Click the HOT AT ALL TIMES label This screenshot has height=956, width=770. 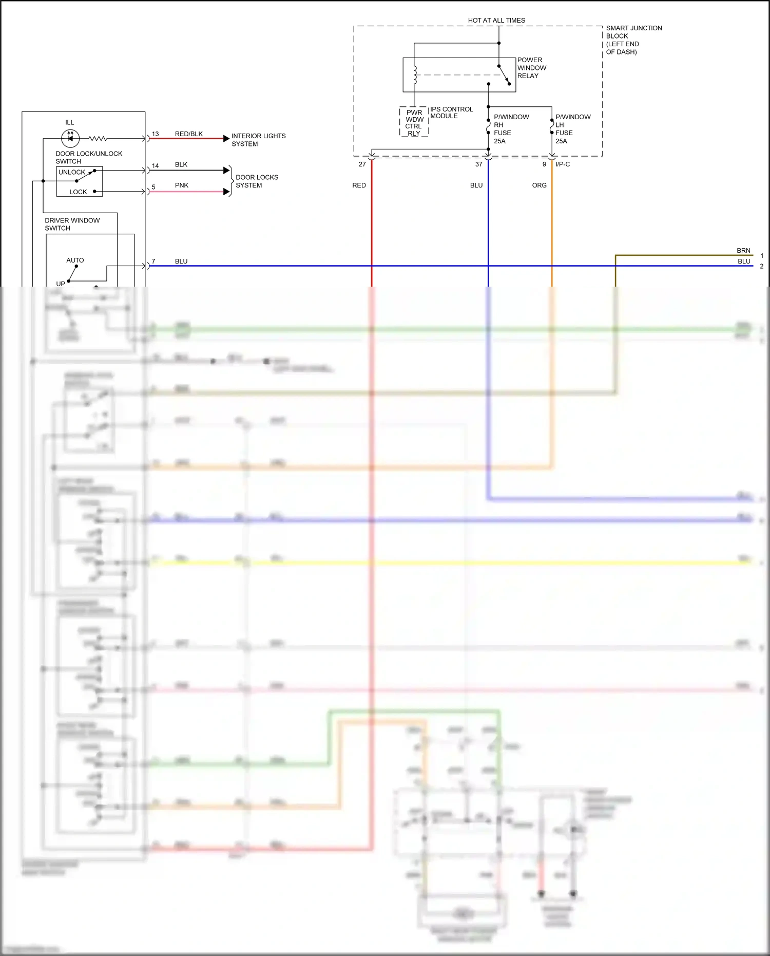click(x=496, y=21)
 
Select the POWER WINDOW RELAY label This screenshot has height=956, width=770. click(x=531, y=68)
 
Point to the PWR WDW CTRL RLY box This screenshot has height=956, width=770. click(x=414, y=122)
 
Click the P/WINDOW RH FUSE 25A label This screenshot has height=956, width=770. click(x=511, y=129)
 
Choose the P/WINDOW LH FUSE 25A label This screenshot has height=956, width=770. click(x=572, y=129)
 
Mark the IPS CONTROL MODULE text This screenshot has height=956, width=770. click(x=451, y=113)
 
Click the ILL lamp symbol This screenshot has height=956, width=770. click(x=70, y=138)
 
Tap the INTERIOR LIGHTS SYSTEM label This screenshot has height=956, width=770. click(x=258, y=140)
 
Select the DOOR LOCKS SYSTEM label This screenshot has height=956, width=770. click(x=257, y=181)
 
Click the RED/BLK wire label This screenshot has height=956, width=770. click(x=189, y=134)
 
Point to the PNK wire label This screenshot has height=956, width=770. click(x=182, y=185)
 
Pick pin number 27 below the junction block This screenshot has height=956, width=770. click(x=362, y=164)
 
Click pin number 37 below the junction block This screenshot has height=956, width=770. click(x=478, y=164)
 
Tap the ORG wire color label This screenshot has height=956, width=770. click(x=539, y=185)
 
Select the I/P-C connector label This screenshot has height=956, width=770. click(x=563, y=164)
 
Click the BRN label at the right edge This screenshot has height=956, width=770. click(x=743, y=251)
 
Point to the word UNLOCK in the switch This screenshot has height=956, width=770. click(x=72, y=172)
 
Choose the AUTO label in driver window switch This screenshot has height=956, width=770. click(x=75, y=260)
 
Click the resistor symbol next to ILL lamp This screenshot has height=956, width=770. click(x=98, y=139)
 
